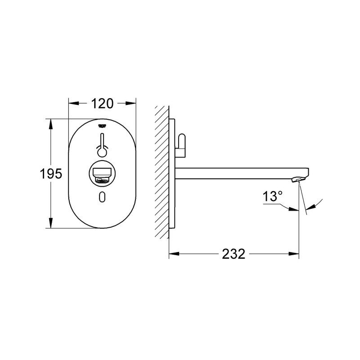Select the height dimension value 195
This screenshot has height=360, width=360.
pos(50,174)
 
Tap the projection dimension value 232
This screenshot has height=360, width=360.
pos(234,254)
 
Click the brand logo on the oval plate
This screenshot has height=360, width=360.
pos(102,126)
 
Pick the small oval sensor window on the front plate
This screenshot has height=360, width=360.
pos(103,196)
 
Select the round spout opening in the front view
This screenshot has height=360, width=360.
pos(102,174)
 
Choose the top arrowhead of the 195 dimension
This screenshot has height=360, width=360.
pos(50,122)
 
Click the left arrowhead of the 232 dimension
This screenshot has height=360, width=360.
pos(172,254)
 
